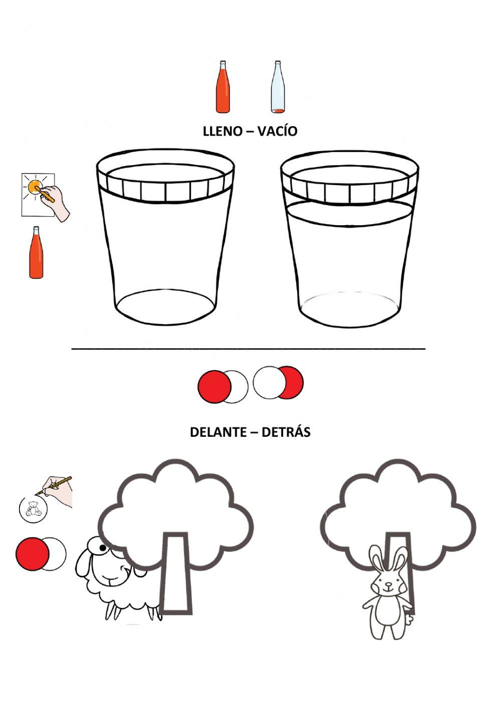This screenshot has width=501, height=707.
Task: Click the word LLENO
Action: [222, 131]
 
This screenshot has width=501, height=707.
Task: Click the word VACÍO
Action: [278, 131]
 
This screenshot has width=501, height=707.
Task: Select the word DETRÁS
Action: [286, 431]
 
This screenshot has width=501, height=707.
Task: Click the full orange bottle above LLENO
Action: [222, 87]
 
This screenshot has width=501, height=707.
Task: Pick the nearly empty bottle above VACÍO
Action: [278, 87]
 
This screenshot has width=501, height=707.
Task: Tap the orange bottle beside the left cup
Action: [36, 252]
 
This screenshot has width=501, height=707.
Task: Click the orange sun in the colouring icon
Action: [35, 187]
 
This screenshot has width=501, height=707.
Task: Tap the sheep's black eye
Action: [103, 548]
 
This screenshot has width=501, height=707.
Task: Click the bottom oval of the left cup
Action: [166, 307]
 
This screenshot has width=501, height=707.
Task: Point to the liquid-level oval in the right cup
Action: [350, 213]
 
